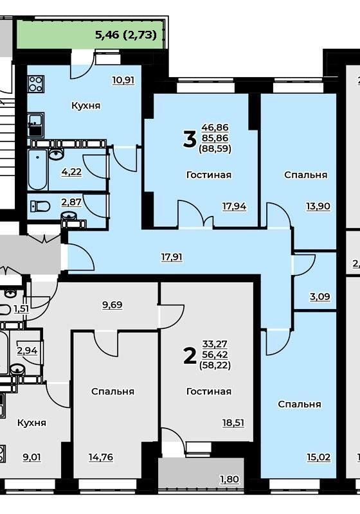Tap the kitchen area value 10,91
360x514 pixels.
(123, 80)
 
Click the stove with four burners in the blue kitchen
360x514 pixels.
(36, 84)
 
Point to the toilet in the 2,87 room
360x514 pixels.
(40, 206)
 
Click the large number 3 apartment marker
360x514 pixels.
(189, 139)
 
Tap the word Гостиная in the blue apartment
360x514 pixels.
(209, 175)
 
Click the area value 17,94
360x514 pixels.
(234, 206)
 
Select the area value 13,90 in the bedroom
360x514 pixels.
(318, 206)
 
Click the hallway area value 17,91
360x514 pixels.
(172, 258)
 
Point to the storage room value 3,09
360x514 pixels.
(320, 297)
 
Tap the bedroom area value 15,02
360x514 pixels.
(318, 457)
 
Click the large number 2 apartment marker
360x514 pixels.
(190, 356)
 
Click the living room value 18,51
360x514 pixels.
(233, 423)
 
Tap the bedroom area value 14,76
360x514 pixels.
(101, 457)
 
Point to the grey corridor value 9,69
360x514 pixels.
(112, 305)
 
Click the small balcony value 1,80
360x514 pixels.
(230, 479)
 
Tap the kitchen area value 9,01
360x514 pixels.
(32, 457)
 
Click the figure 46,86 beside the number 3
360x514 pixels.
(215, 127)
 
